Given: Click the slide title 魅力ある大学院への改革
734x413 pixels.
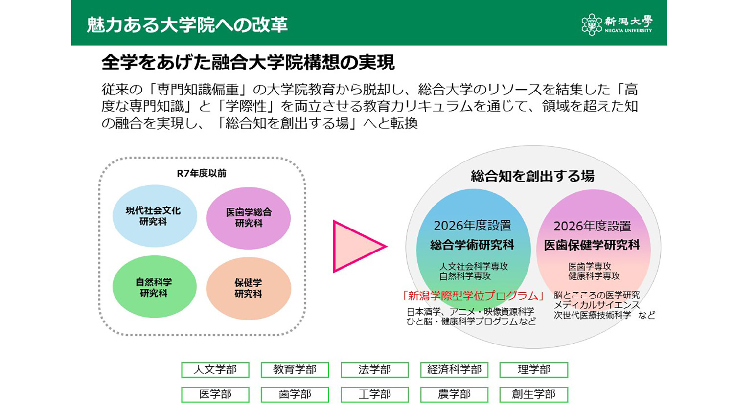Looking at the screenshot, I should point(187,24).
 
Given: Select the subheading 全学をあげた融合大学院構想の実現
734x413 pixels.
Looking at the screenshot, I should point(248,63).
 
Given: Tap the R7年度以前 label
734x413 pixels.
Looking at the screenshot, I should point(201,173).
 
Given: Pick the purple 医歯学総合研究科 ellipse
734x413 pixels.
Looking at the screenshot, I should point(249,218).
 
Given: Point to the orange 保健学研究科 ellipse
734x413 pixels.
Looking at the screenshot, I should point(249,288).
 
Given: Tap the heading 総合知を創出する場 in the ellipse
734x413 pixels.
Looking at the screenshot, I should point(532,176).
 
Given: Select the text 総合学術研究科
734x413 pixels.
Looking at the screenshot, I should point(472,245).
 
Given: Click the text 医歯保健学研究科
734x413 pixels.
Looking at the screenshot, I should point(592,245).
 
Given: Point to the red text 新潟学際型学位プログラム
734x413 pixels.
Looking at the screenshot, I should point(473,296).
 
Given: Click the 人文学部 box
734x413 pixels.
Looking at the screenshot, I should point(215,370).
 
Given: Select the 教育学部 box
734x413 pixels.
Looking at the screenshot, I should point(295,370).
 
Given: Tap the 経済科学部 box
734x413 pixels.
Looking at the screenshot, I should point(454,370).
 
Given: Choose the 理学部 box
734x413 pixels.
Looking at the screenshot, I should point(533,370).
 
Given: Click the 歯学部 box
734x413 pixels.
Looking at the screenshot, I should point(295,394).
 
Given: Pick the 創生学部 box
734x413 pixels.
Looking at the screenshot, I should point(533,394).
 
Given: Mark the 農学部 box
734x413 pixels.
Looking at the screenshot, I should point(454,394).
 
